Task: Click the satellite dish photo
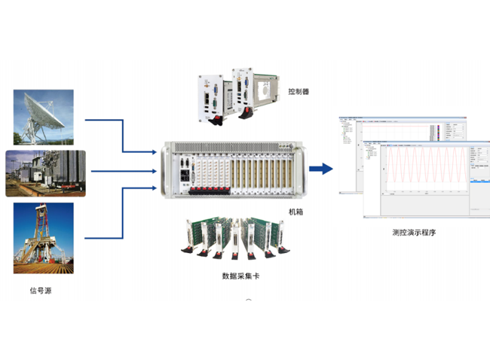(x=43, y=117)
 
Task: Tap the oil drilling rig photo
(x=43, y=237)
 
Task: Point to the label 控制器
(x=299, y=92)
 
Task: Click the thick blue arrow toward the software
(x=322, y=169)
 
